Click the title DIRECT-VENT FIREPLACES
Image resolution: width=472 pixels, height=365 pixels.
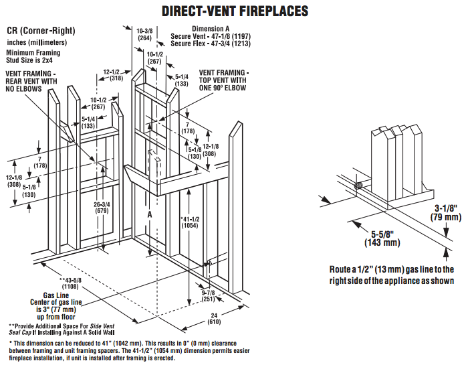(x=235, y=11)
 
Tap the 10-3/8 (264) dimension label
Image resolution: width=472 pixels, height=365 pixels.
(x=144, y=34)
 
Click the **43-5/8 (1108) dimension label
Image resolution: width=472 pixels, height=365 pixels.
(x=73, y=283)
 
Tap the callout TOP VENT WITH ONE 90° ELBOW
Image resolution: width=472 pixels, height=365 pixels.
(x=221, y=84)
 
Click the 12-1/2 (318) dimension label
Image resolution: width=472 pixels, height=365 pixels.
(x=112, y=74)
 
